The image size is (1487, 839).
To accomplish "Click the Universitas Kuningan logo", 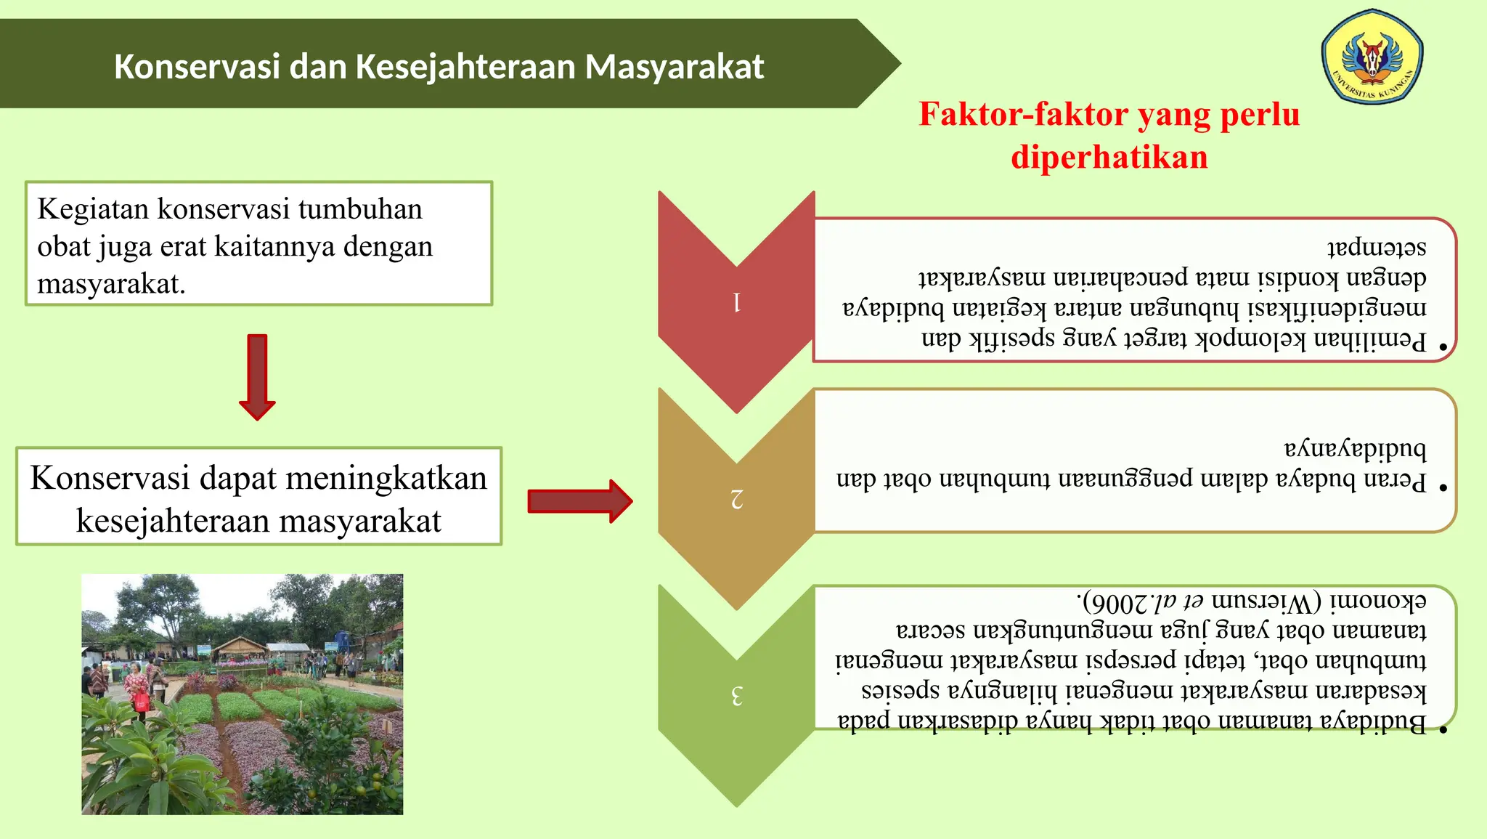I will tap(1372, 57).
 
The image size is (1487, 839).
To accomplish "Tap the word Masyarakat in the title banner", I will tap(675, 67).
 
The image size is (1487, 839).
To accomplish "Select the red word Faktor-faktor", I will tap(1023, 115).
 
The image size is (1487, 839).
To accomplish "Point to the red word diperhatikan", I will tap(1109, 158).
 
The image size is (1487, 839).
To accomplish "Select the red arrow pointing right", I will tap(579, 501).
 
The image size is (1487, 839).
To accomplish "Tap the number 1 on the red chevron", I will tap(737, 302).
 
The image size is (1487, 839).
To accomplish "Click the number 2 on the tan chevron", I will tap(737, 499).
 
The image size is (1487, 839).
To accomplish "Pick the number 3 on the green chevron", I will tap(737, 696).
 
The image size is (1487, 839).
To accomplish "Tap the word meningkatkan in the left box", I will tap(386, 479).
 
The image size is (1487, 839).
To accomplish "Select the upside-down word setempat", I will tap(1377, 247).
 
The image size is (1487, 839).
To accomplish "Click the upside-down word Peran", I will tap(1394, 480).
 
